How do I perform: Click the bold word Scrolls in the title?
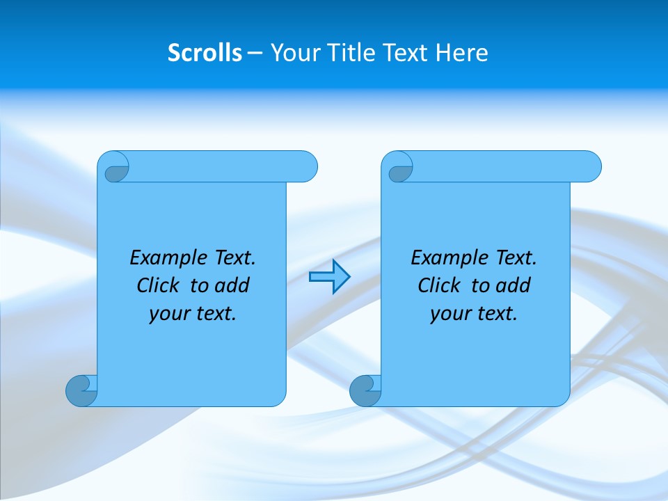pyautogui.click(x=205, y=53)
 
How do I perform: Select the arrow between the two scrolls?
pyautogui.click(x=329, y=277)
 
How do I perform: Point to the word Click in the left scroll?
pyautogui.click(x=159, y=285)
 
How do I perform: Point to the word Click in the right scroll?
pyautogui.click(x=440, y=285)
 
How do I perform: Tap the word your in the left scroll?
pyautogui.click(x=169, y=314)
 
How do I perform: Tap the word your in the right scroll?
pyautogui.click(x=450, y=314)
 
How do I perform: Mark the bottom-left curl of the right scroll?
pyautogui.click(x=365, y=390)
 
